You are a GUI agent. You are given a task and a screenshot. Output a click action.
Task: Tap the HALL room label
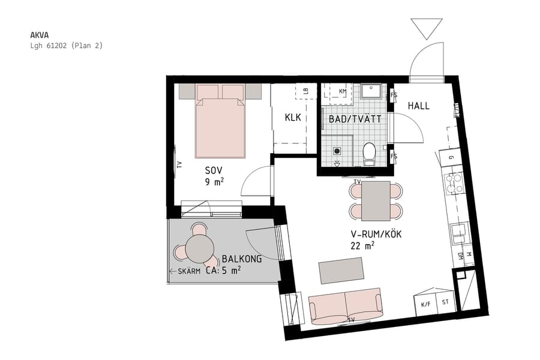click(419, 106)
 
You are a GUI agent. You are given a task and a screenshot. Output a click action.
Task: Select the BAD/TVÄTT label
click(355, 119)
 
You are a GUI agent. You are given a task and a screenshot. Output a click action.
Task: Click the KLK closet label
click(293, 118)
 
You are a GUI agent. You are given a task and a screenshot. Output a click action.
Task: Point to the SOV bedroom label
click(214, 170)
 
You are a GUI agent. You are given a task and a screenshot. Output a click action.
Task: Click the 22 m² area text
click(362, 245)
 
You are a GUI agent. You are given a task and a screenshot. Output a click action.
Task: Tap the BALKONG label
click(242, 259)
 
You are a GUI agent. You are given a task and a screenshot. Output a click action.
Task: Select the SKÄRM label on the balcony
click(189, 272)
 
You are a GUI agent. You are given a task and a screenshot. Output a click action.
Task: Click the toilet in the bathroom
click(369, 152)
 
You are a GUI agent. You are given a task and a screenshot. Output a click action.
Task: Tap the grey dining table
click(376, 200)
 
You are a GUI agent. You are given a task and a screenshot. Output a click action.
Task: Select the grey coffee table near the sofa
click(341, 270)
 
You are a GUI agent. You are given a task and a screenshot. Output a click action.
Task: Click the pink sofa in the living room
click(346, 306)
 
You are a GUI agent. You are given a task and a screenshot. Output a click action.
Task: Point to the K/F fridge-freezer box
click(426, 305)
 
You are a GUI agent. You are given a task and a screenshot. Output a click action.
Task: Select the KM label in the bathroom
click(343, 91)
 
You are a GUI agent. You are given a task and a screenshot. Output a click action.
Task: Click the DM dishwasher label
click(460, 256)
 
